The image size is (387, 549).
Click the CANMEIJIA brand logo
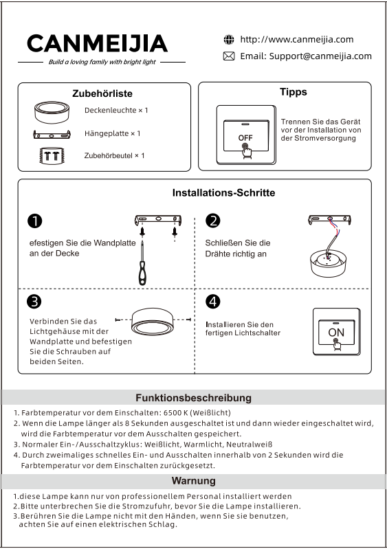[x=97, y=43]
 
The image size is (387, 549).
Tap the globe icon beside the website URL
[x=229, y=40]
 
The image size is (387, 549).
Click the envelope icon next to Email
[x=229, y=56]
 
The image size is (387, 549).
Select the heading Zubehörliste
[x=102, y=93]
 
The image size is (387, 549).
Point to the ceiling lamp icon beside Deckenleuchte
[x=52, y=112]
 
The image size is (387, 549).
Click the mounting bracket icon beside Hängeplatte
[x=52, y=134]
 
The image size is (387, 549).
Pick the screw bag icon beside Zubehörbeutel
[x=52, y=155]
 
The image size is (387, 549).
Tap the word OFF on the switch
[x=245, y=137]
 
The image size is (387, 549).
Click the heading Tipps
[x=293, y=92]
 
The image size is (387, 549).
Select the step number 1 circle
[x=34, y=221]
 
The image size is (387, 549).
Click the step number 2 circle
[x=213, y=221]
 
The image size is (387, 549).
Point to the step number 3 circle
[x=34, y=302]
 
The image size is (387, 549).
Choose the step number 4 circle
[x=213, y=302]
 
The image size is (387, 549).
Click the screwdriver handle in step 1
[x=142, y=273]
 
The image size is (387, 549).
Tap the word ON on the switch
[x=336, y=332]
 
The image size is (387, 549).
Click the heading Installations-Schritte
[x=223, y=192]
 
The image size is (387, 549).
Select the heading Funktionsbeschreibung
[x=193, y=398]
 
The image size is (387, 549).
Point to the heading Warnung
[x=193, y=481]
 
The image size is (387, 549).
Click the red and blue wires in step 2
[x=334, y=227]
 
